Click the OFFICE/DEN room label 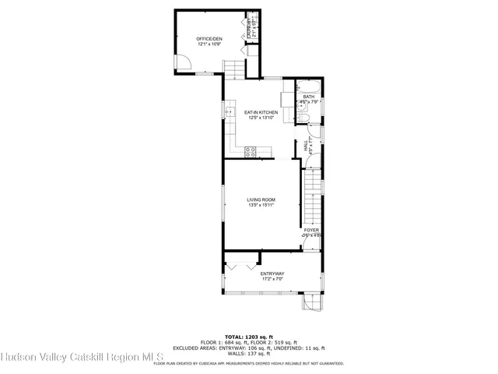pos(208,38)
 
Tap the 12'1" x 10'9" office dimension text pos(208,44)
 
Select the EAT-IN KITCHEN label pos(261,112)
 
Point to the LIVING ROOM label pos(261,199)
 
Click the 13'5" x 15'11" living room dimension pos(261,206)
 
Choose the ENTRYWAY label pos(272,273)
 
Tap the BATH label pos(309,97)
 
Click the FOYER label pos(310,230)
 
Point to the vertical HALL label pos(306,144)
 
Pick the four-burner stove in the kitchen pos(251,152)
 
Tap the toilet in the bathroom pos(305,117)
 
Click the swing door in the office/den pos(182,63)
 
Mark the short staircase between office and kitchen pos(235,72)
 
